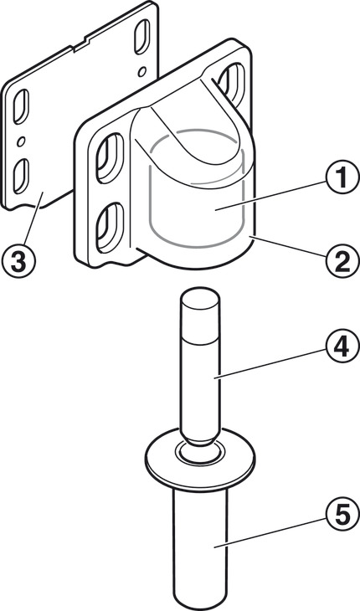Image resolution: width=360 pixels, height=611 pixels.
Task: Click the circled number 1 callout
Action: (342, 178)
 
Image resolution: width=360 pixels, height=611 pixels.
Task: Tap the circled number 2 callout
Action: (342, 263)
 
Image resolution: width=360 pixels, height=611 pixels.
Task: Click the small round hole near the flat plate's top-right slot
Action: (142, 71)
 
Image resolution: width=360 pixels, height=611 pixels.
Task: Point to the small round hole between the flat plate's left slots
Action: (21, 141)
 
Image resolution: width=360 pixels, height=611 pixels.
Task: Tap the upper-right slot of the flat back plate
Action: (141, 37)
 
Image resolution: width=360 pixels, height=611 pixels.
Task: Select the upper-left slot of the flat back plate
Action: (21, 107)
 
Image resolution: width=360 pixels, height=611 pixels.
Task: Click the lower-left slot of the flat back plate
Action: (21, 176)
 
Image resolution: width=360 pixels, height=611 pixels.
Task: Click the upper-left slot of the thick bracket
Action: (110, 158)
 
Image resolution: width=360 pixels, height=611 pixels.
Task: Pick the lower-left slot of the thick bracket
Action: (110, 228)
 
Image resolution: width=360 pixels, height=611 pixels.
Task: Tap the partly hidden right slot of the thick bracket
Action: (233, 82)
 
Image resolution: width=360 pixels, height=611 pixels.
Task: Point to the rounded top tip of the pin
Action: (199, 291)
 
